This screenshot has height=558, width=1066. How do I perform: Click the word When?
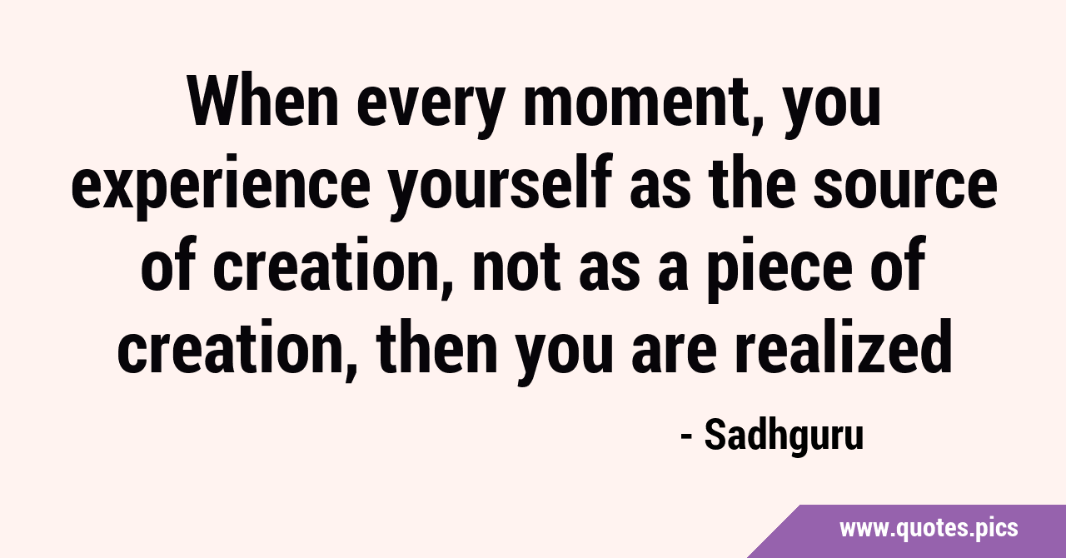tap(263, 102)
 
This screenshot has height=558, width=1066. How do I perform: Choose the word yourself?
tap(501, 185)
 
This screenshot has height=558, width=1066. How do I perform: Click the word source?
tap(904, 191)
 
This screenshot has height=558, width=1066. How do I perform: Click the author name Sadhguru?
tap(784, 436)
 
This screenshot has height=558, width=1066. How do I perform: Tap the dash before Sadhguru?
tap(686, 437)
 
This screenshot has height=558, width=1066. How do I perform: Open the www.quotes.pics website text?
tap(929, 528)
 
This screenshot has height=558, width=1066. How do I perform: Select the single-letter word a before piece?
tap(675, 272)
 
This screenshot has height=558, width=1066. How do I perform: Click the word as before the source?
tap(660, 191)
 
